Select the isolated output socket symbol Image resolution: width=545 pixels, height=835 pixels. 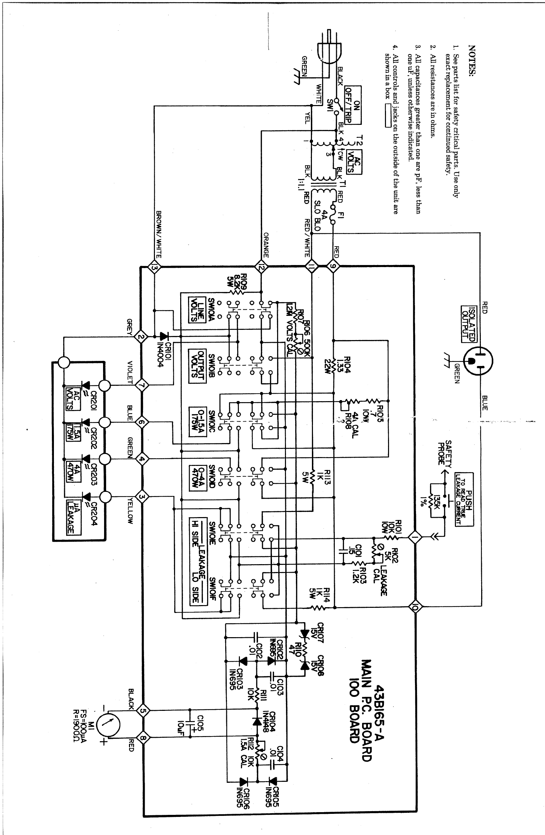(478, 361)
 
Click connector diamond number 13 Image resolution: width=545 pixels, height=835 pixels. (154, 268)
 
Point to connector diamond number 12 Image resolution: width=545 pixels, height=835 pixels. (261, 268)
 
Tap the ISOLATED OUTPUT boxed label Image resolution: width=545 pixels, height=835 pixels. (469, 324)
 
